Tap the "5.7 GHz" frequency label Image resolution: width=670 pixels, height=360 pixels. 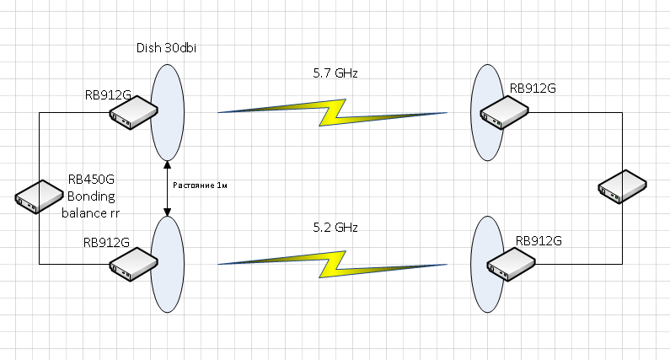pos(335,74)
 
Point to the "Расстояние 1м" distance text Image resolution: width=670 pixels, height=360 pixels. pos(199,184)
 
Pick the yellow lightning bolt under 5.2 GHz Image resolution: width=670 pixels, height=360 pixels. pos(332,263)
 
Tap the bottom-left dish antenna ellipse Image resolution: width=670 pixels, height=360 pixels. pos(169,263)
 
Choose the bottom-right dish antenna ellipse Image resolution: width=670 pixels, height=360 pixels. pos(486,263)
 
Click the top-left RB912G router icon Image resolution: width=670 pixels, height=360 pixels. pos(133,111)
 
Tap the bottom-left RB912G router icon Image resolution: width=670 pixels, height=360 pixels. pos(133,263)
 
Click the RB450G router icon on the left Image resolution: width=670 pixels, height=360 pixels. pos(40,195)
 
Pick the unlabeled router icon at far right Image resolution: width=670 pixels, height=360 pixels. pos(622,186)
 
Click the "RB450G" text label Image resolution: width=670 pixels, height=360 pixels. pos(90,181)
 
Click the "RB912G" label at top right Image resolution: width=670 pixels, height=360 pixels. pos(533,88)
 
